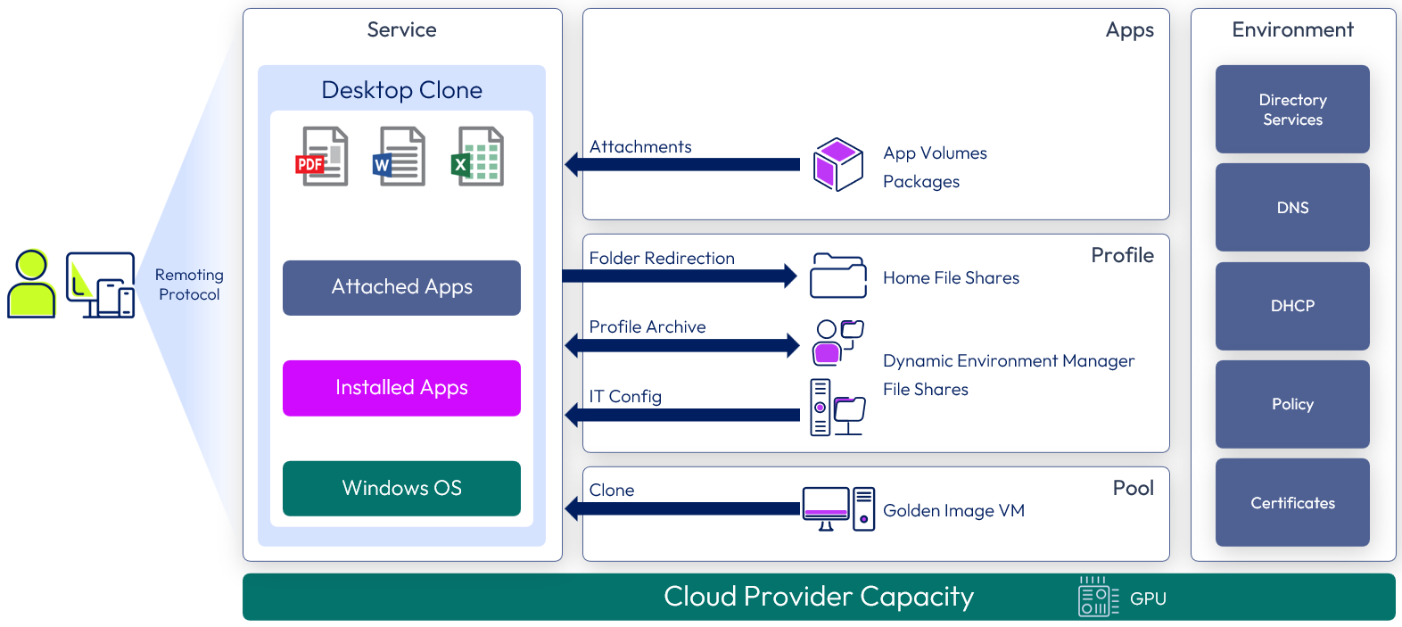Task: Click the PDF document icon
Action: [x=322, y=156]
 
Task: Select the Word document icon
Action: [x=400, y=156]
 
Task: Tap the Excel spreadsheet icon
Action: [x=478, y=156]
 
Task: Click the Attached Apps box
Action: [x=401, y=287]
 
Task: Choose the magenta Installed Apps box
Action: [x=401, y=388]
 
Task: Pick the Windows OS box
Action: [x=401, y=488]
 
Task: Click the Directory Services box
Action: [x=1292, y=109]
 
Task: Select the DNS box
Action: [x=1292, y=207]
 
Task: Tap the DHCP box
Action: [x=1292, y=306]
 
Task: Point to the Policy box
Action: [x=1292, y=404]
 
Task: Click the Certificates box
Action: [x=1292, y=502]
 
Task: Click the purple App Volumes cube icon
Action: [x=837, y=164]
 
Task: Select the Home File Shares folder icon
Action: [x=837, y=276]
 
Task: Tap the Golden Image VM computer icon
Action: [x=838, y=508]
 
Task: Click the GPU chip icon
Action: [x=1098, y=597]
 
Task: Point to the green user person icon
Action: [x=31, y=284]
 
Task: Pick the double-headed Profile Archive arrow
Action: [x=682, y=345]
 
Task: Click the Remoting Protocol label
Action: [x=189, y=285]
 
